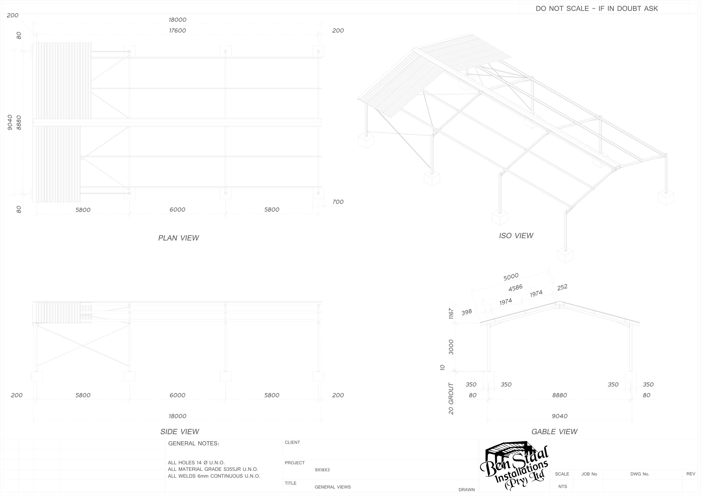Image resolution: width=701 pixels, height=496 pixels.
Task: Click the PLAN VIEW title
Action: (179, 238)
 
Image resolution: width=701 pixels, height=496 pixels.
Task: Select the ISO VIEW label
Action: (516, 236)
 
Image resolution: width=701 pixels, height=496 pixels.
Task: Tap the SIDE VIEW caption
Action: (180, 432)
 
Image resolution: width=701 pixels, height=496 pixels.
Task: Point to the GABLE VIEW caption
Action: (554, 432)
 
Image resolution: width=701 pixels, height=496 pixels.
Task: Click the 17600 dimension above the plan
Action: (177, 31)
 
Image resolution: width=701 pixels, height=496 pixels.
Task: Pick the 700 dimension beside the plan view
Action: (338, 202)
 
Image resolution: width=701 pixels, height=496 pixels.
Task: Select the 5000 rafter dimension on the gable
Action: (511, 277)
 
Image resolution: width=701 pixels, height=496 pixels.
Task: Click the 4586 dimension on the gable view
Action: (516, 288)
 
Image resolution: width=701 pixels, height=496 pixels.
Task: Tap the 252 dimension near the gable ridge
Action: (562, 287)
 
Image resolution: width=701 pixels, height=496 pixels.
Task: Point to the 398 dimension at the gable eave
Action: (467, 312)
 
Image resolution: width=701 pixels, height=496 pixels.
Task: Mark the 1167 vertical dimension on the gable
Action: (451, 314)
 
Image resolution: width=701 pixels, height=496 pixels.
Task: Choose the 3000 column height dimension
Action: (451, 347)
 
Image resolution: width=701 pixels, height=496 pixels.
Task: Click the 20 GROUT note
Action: (451, 398)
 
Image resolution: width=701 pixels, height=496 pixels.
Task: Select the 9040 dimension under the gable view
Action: (560, 416)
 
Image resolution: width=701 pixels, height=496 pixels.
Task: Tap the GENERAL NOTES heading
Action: (194, 443)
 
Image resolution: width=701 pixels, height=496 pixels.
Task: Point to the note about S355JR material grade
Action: (213, 469)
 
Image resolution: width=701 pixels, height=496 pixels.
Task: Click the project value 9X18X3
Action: (322, 470)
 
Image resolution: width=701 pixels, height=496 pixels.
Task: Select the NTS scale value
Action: (563, 486)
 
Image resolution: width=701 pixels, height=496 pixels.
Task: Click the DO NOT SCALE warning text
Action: (597, 8)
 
